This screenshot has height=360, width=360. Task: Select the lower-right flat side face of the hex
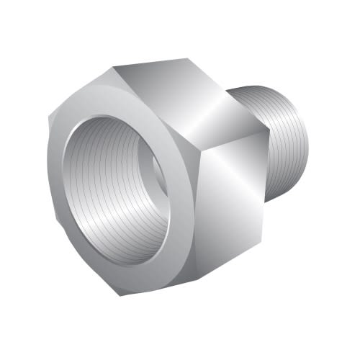tap(230, 209)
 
